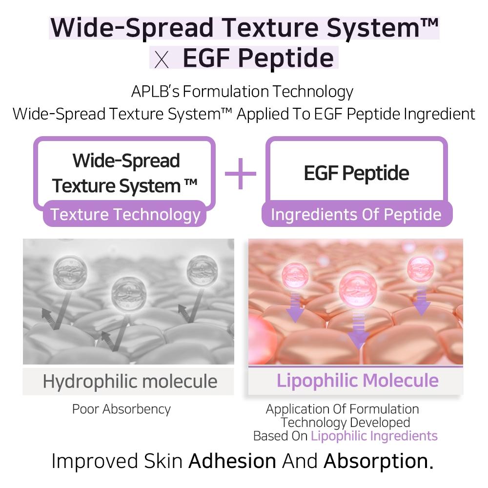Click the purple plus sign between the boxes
coord(240,173)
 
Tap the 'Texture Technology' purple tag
coord(125,215)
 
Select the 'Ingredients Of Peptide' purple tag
coord(356,215)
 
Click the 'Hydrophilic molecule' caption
coord(130,381)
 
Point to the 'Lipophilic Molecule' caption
coord(357,381)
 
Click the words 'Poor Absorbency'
coord(122,408)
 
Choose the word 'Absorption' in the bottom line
coord(378,461)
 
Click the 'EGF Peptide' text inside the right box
coord(356,173)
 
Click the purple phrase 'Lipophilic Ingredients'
coord(374,436)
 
